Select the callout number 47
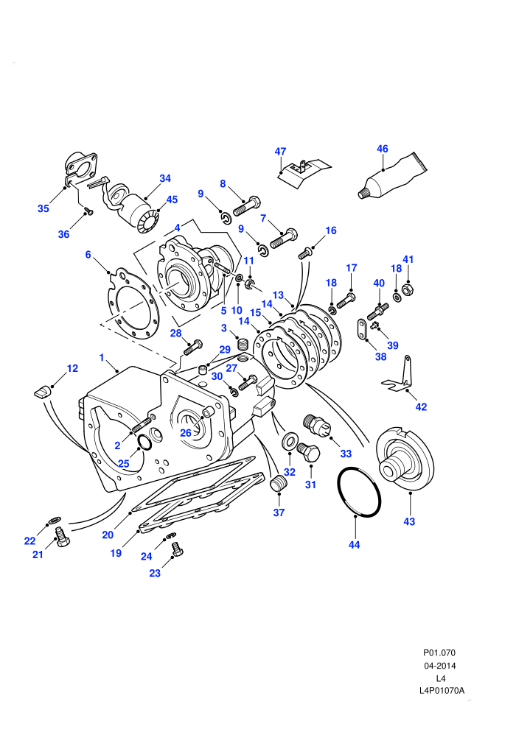click(280, 152)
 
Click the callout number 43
click(409, 521)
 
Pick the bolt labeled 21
click(62, 537)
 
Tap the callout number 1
click(102, 358)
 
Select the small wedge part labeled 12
click(41, 390)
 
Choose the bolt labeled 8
click(246, 207)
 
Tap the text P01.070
click(439, 652)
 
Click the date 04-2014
click(439, 666)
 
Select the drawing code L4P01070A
click(442, 691)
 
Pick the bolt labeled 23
click(177, 549)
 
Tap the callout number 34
click(165, 178)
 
